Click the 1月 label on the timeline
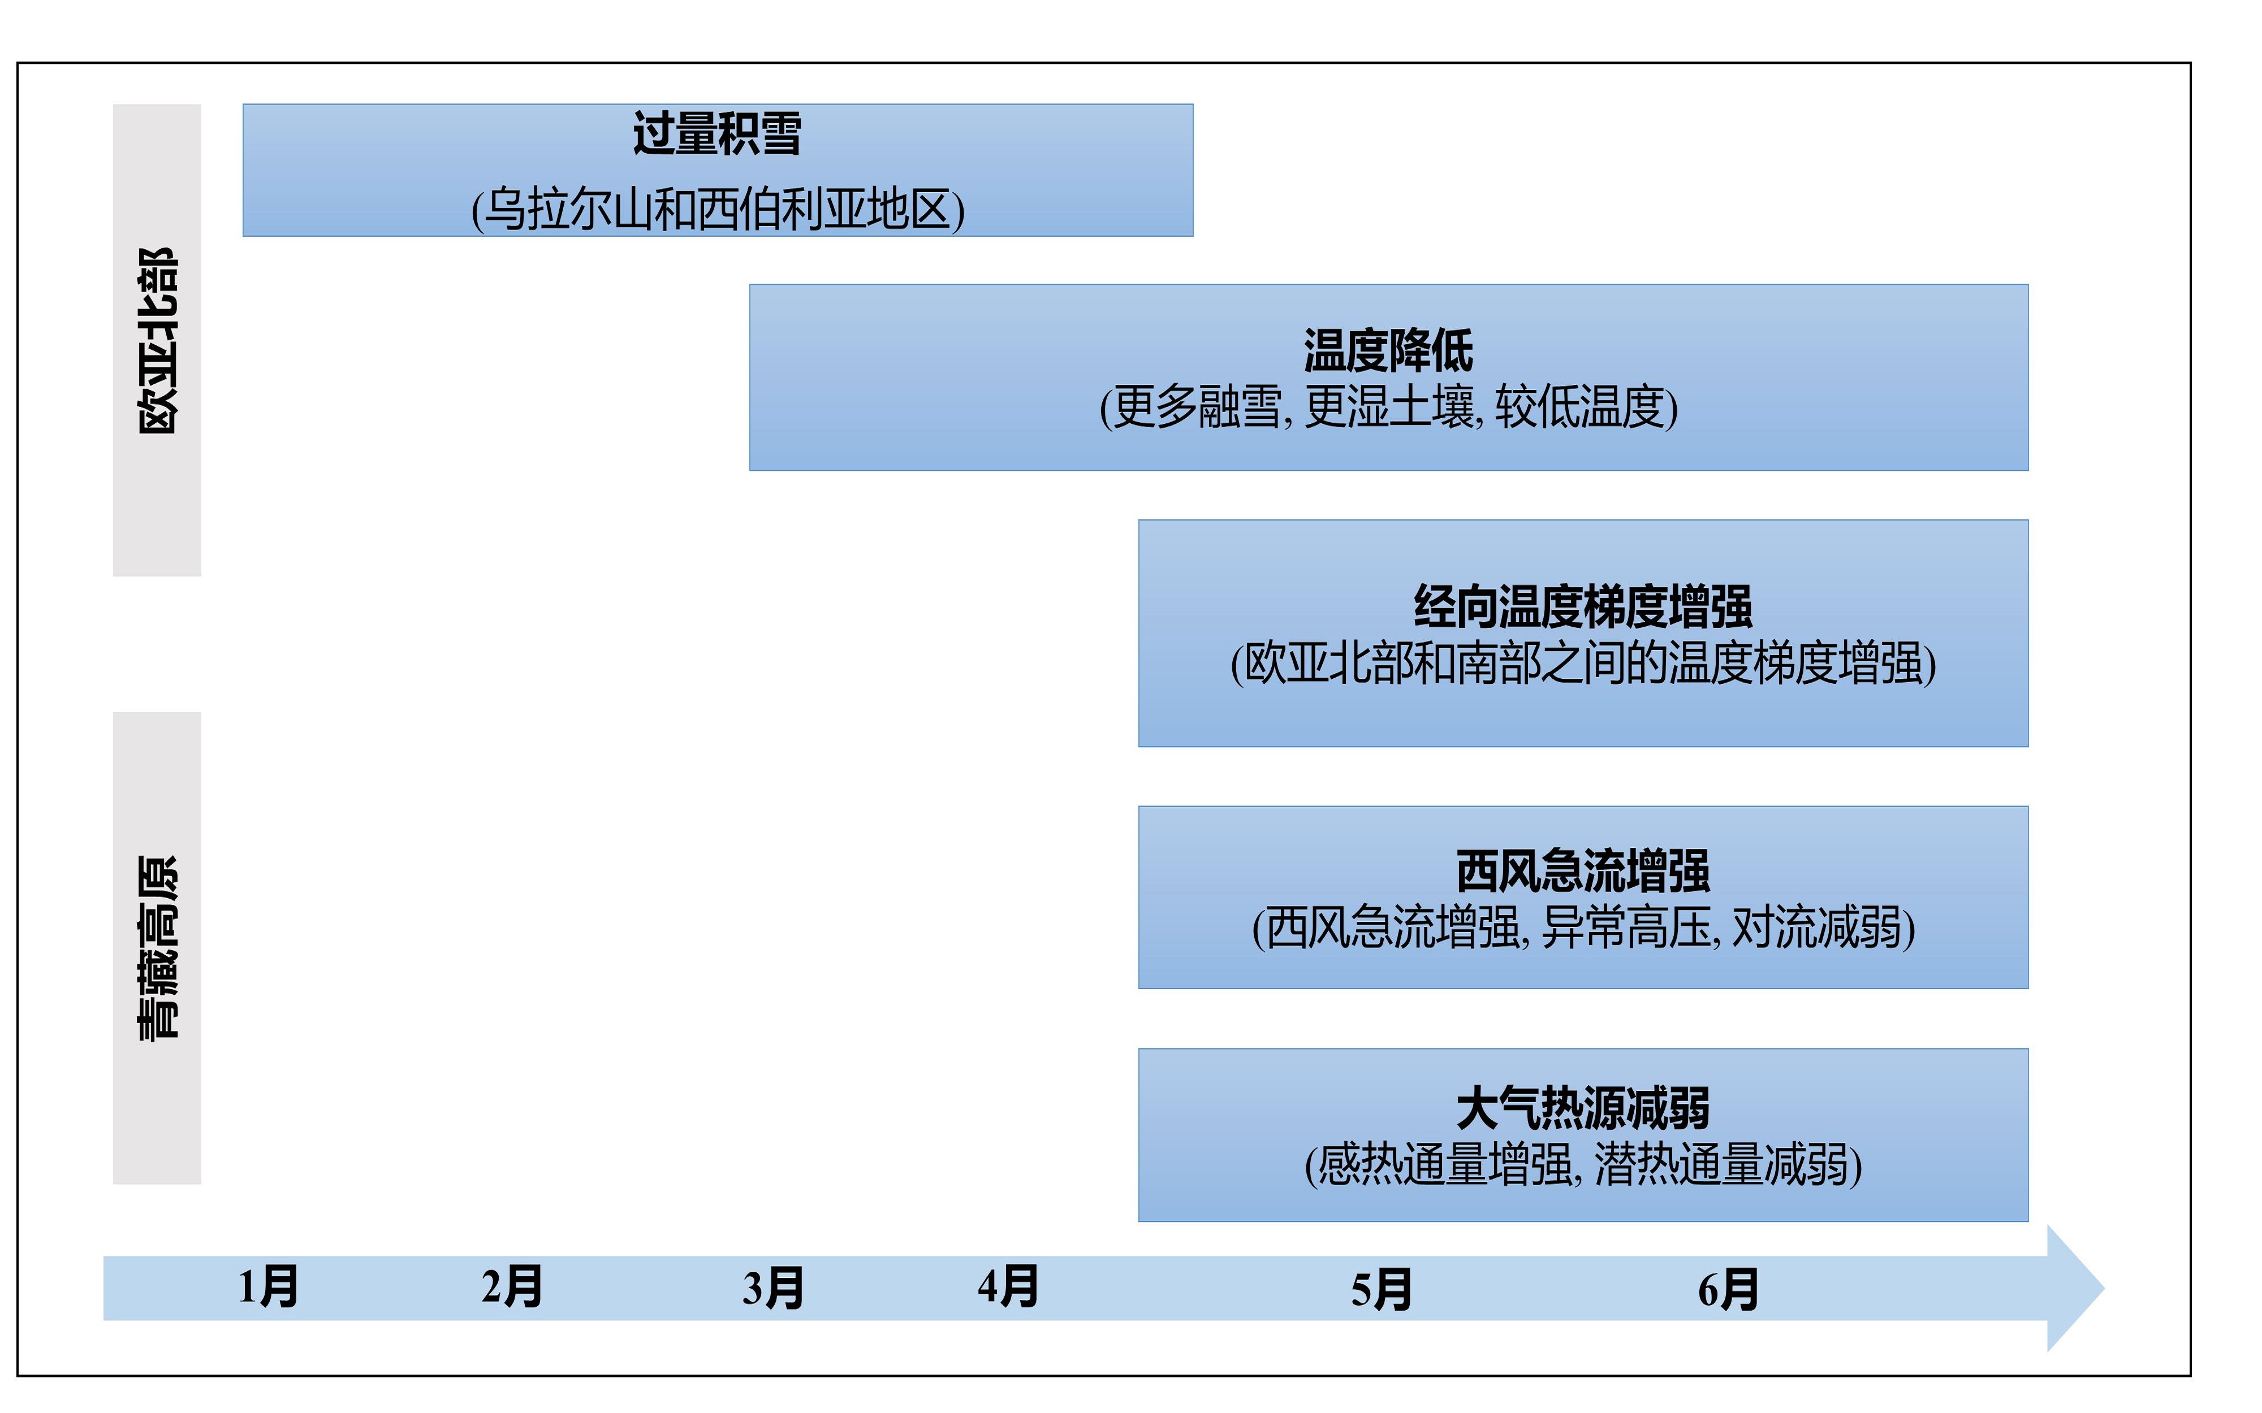coord(268,1287)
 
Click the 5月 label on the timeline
coord(1382,1290)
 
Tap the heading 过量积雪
coord(717,133)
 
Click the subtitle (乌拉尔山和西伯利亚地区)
coord(718,209)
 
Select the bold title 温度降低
coord(1388,352)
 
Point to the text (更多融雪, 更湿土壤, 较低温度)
coord(1389,408)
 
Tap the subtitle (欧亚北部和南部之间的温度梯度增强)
coord(1583,664)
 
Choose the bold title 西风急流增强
coord(1583,871)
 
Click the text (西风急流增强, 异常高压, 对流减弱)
coord(1583,928)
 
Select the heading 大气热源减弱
coord(1583,1108)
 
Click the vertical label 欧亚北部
coord(157,341)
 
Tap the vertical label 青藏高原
coord(157,948)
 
